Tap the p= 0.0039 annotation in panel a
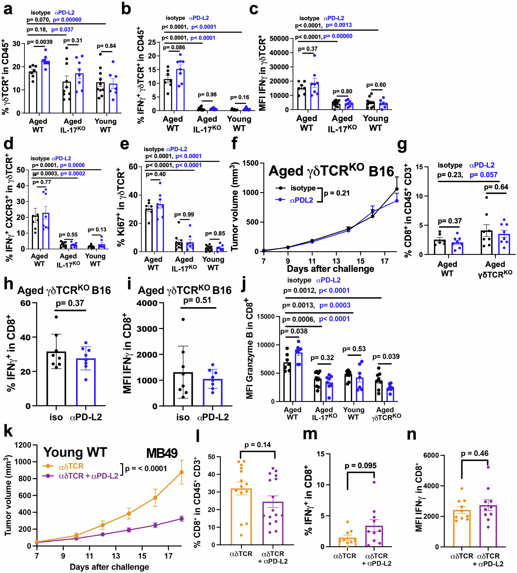pos(40,42)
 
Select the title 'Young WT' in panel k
pos(75,452)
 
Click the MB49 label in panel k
pos(162,453)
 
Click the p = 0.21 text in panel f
pos(337,193)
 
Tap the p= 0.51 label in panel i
pos(197,300)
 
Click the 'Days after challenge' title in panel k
pos(109,567)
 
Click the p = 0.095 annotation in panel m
pos(361,465)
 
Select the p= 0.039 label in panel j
pos(386,356)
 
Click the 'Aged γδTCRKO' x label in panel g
pos(495,269)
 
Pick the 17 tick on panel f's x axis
pos(385,261)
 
